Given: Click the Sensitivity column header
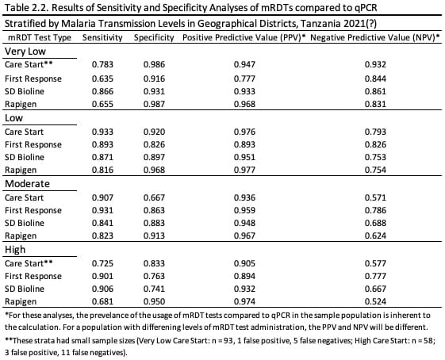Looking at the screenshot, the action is pyautogui.click(x=102, y=37).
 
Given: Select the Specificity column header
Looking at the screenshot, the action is pyautogui.click(x=154, y=37).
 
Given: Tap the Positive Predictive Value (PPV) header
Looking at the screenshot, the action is pyautogui.click(x=244, y=37).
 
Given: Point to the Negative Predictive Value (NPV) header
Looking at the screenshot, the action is pyautogui.click(x=374, y=37).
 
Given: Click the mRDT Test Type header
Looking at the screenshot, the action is pyautogui.click(x=40, y=37).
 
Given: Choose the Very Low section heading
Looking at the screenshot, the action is pyautogui.click(x=25, y=52).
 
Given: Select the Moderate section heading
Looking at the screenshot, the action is pyautogui.click(x=27, y=183).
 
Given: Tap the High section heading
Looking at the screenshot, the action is pyautogui.click(x=15, y=250).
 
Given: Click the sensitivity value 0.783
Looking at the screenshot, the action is pyautogui.click(x=102, y=64).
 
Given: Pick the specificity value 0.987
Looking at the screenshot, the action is pyautogui.click(x=154, y=104).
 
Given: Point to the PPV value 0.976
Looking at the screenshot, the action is pyautogui.click(x=244, y=132).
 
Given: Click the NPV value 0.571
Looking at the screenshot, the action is pyautogui.click(x=375, y=197).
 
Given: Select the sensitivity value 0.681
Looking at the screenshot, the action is pyautogui.click(x=102, y=301).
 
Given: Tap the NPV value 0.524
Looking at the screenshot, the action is pyautogui.click(x=375, y=301).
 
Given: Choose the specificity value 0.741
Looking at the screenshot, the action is pyautogui.click(x=154, y=289).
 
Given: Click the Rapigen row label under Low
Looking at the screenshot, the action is pyautogui.click(x=21, y=170).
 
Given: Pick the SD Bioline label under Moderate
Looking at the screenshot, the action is pyautogui.click(x=25, y=223).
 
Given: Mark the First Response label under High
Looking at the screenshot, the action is pyautogui.click(x=33, y=276).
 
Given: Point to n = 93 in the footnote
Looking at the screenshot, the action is pyautogui.click(x=224, y=340).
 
